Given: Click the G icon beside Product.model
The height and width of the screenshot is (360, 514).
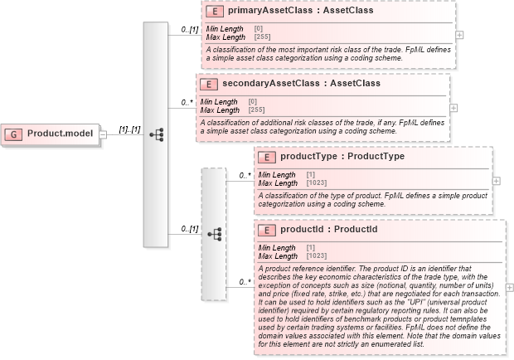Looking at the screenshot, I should coord(14,134).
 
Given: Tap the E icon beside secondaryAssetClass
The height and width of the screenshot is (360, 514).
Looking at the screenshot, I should coord(208,85).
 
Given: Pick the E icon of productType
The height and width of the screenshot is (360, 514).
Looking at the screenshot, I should coord(266,156).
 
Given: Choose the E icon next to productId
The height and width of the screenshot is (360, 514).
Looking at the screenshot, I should coord(266,230).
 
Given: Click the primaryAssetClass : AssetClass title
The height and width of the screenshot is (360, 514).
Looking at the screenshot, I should coord(288,12).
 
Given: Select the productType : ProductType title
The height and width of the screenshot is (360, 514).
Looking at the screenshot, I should coord(342,156).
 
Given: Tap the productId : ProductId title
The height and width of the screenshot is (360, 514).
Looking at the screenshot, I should coord(329,230).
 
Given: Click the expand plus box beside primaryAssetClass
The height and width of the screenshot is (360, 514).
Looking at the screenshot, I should coord(459,36).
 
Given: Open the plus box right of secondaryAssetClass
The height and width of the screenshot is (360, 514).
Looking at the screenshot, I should coord(453,108).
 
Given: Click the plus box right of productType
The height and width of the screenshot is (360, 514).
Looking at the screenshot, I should coord(496,180).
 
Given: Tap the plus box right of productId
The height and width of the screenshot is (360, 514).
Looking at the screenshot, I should coord(509,287).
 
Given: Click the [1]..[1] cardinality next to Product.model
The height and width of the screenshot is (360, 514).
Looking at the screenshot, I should coord(128,129).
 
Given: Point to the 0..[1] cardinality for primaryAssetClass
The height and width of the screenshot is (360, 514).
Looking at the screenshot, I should coord(190,31).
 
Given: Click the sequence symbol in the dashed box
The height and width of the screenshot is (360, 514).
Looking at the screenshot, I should coord(214,235).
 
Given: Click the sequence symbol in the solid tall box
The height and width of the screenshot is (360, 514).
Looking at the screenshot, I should coord(155,134).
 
